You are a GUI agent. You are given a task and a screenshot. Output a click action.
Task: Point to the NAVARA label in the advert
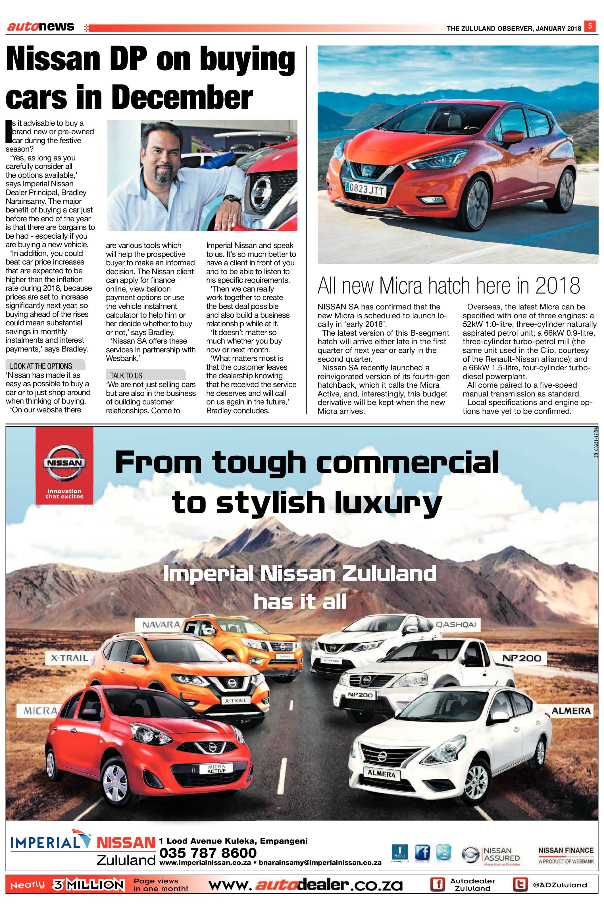(x=161, y=624)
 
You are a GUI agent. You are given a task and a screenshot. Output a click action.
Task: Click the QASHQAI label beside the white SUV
(x=456, y=624)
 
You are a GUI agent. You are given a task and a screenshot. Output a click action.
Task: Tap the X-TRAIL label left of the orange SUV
(x=70, y=658)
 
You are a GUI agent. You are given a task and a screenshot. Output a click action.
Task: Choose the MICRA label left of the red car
(x=40, y=711)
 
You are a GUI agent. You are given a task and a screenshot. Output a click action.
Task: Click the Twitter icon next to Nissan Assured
(x=444, y=853)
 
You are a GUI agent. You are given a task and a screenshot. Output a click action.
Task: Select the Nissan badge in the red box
(x=64, y=463)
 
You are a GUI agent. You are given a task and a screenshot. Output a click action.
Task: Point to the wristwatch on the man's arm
(x=232, y=198)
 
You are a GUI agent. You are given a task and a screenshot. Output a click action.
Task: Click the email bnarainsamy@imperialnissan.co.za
(x=320, y=863)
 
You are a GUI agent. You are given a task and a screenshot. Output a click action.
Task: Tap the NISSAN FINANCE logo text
(x=566, y=850)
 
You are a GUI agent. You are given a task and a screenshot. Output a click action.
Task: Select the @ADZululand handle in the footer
(x=560, y=885)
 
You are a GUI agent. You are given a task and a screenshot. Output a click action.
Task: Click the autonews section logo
(x=41, y=27)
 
